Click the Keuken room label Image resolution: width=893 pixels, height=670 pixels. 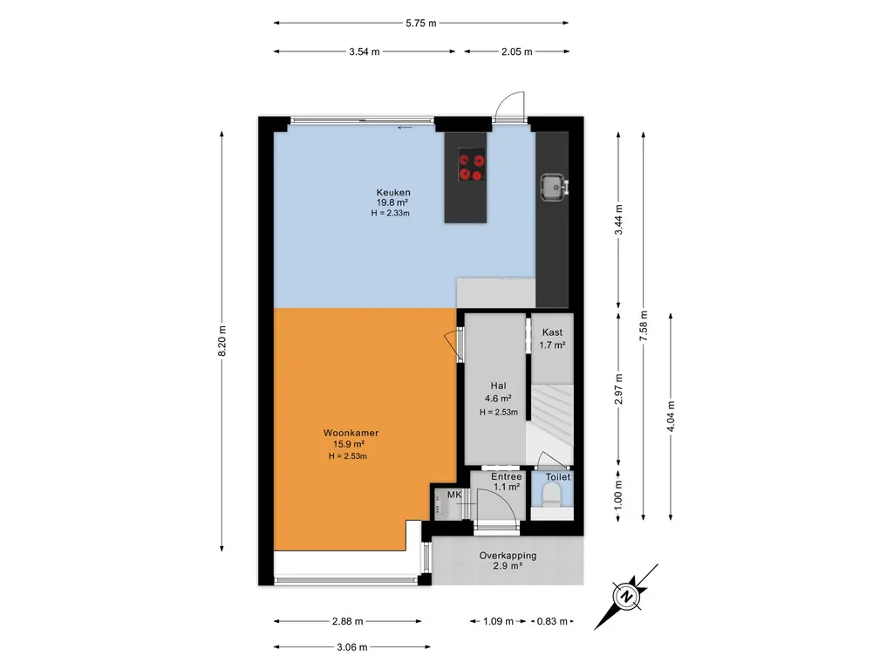(393, 193)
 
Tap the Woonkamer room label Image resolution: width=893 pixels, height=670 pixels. (351, 433)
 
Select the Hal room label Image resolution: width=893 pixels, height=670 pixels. (498, 386)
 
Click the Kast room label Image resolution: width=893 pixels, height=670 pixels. (552, 332)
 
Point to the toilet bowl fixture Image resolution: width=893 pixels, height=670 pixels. (551, 494)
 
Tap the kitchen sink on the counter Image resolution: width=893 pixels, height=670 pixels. (554, 188)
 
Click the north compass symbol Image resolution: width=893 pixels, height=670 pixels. (626, 597)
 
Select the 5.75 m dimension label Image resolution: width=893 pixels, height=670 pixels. (421, 24)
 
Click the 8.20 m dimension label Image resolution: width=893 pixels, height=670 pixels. (222, 341)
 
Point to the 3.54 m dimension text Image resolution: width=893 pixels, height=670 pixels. (365, 51)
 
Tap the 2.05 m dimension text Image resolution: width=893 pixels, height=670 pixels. (517, 51)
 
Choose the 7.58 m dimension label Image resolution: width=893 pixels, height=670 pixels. (644, 326)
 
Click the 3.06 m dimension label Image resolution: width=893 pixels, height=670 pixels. (352, 647)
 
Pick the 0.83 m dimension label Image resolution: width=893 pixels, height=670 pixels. (552, 621)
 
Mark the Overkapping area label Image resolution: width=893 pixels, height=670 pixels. (508, 556)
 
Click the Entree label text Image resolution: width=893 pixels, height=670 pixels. (507, 477)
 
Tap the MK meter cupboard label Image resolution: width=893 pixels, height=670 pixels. (454, 495)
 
